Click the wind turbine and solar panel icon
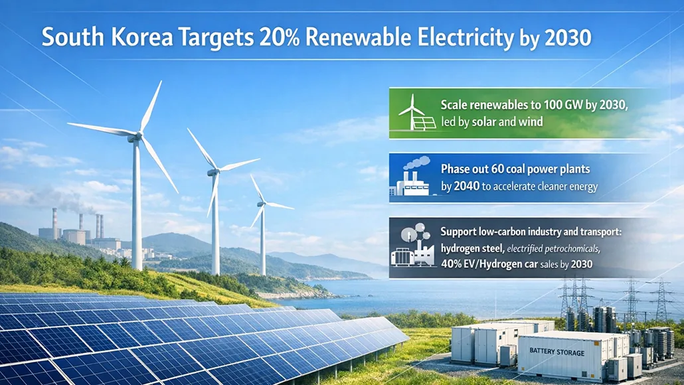click(417, 113)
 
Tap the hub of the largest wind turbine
click(138, 136)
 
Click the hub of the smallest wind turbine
click(262, 205)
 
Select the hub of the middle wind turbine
click(213, 171)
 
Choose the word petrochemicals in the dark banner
click(569, 249)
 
